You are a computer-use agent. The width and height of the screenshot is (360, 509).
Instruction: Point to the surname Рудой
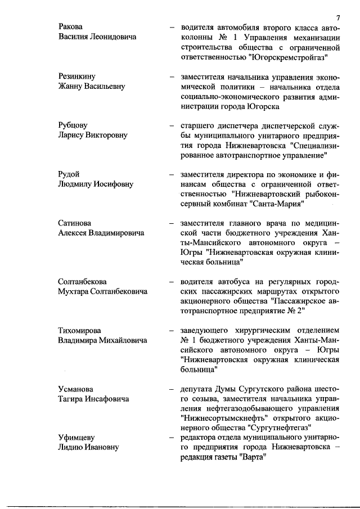click(69, 174)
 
